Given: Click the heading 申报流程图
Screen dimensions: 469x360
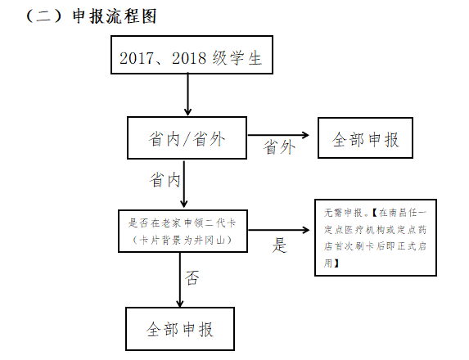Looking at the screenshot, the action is pos(115,16).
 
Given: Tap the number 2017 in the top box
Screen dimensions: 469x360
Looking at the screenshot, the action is pos(137,58).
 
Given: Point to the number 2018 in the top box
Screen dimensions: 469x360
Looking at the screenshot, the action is pos(189,58).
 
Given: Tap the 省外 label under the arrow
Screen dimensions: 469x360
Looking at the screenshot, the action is pos(279,147).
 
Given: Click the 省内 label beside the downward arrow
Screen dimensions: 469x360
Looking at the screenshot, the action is pos(165,180).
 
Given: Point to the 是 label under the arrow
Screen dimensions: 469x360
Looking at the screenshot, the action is pos(279,245).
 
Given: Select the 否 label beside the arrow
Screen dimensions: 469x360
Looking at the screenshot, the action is pos(192,278).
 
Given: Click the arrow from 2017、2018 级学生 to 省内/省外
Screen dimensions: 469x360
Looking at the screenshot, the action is pos(187,94).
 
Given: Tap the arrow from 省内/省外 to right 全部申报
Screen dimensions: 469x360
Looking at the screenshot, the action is pos(278,135).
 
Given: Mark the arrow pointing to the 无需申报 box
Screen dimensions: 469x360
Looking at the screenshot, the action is pos(279,230).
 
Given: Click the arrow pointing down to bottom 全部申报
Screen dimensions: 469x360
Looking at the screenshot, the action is pos(180,280).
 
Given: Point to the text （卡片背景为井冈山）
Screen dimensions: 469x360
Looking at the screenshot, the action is pos(183,240).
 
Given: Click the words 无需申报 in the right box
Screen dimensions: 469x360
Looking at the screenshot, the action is pos(343,213).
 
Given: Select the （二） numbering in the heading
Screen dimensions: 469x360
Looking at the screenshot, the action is pos(44,16).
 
